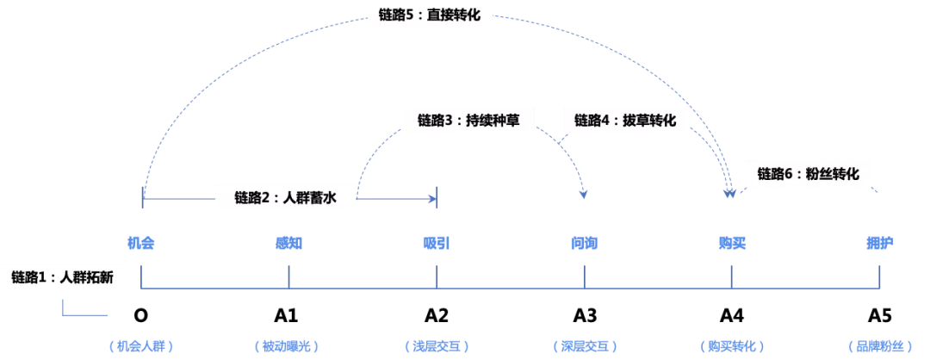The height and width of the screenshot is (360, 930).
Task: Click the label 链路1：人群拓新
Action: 62,277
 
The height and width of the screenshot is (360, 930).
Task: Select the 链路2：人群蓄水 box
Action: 285,198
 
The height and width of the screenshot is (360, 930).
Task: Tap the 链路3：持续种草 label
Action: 468,120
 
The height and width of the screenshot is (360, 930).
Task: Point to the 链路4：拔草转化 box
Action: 625,120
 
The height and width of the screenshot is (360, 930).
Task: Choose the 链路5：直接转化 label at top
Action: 429,14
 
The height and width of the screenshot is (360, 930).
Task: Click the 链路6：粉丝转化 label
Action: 808,173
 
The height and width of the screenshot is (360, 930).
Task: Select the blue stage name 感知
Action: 288,243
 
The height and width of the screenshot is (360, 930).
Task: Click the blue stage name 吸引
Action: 437,243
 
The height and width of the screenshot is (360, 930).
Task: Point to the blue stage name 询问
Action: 584,243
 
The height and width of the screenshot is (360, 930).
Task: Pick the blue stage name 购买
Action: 732,243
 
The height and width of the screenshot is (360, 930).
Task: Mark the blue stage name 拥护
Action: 879,243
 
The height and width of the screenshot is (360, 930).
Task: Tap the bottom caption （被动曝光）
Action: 288,346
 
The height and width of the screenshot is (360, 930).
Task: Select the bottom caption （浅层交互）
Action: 437,346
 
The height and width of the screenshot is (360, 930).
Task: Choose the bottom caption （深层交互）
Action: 584,346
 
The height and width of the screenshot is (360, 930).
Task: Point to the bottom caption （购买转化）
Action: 732,346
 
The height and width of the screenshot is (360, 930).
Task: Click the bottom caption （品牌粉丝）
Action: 879,346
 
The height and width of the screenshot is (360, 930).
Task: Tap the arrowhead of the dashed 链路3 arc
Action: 584,194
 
